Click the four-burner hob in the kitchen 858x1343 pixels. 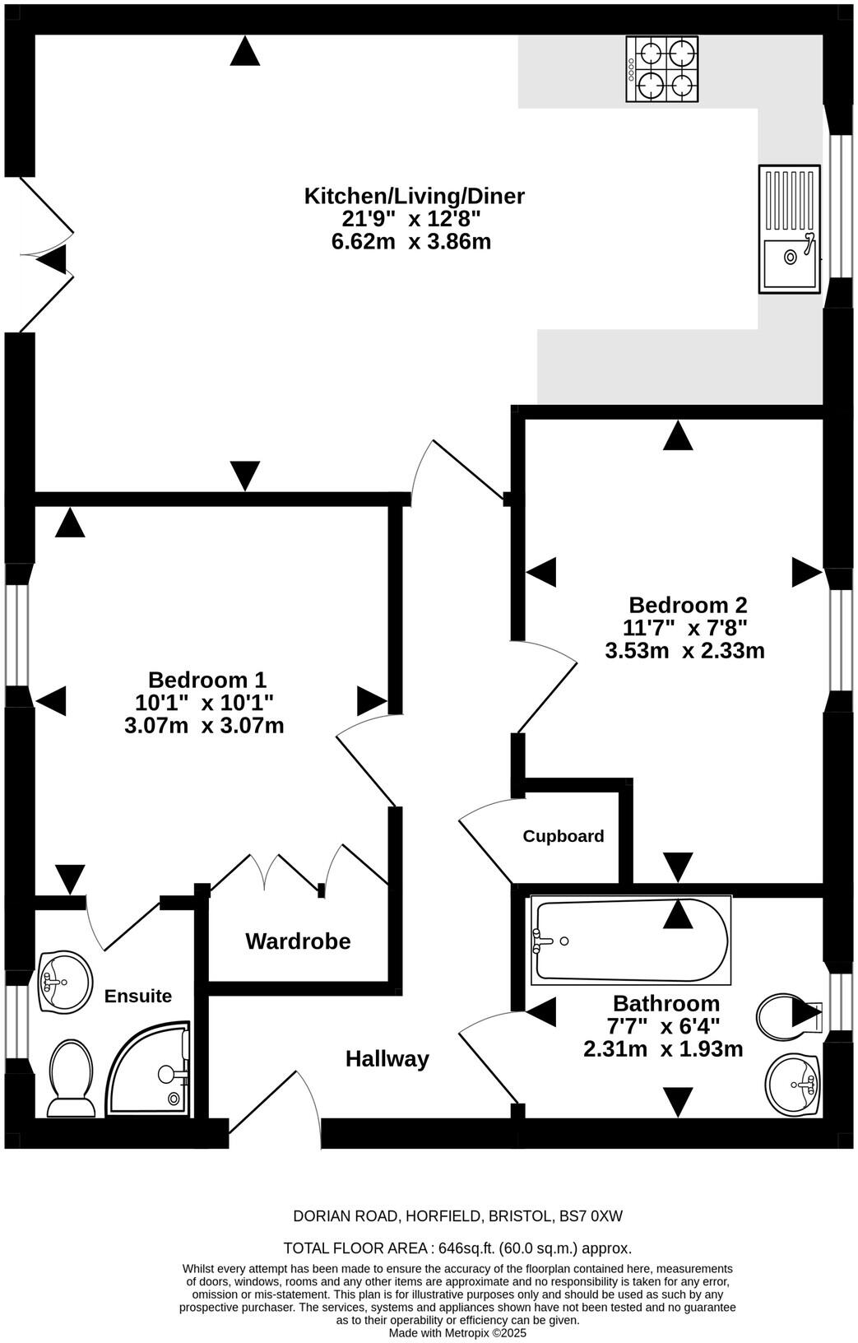661,69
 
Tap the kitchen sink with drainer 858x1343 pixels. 789,229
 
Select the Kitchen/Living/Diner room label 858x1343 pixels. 414,196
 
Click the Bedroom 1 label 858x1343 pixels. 206,680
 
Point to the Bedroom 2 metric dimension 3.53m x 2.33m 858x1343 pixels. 685,650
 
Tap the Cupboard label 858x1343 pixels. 563,836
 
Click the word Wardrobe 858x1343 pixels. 298,941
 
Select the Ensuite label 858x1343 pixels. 138,996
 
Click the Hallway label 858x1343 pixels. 387,1059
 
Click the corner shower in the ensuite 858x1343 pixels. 148,1069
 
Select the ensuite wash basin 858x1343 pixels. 65,982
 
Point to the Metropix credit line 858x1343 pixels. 457,1333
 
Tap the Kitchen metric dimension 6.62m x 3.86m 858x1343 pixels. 411,242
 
